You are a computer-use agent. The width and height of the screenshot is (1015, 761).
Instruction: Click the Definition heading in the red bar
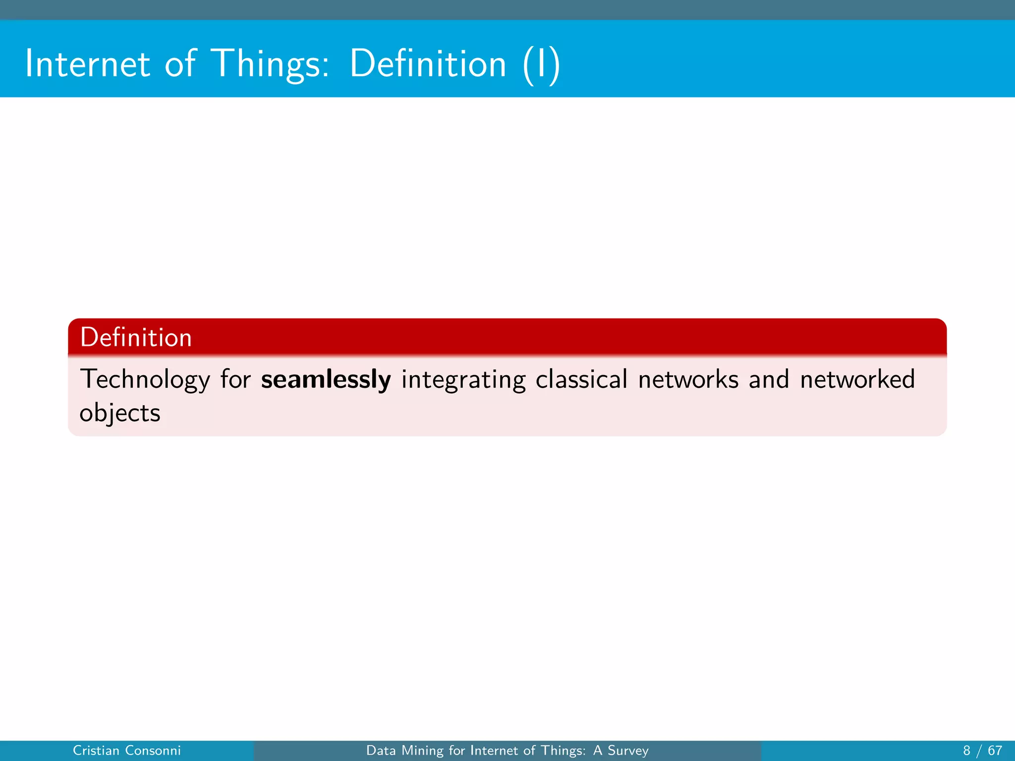tap(135, 337)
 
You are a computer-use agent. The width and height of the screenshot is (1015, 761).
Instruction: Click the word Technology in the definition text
tap(145, 380)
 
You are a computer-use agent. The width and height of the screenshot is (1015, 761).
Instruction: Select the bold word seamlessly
tap(326, 380)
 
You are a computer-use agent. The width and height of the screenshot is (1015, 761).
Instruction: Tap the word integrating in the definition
tap(463, 380)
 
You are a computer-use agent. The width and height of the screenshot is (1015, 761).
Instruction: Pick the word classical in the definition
tap(581, 380)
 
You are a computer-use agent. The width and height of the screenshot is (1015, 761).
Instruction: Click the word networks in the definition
tap(688, 380)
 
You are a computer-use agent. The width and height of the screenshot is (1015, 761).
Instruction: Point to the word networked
tap(857, 380)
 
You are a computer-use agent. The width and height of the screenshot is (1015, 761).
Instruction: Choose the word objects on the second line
tap(120, 413)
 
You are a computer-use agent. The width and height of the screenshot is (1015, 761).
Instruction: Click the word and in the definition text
tap(769, 380)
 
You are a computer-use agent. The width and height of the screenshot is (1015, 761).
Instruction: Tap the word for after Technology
tap(235, 380)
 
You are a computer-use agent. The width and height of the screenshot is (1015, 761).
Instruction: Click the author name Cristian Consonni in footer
tap(126, 751)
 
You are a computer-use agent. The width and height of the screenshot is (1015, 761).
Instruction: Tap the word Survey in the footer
tap(628, 751)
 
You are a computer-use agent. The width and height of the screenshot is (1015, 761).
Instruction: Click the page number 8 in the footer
tap(966, 751)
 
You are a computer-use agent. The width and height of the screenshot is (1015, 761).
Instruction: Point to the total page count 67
tap(995, 751)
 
